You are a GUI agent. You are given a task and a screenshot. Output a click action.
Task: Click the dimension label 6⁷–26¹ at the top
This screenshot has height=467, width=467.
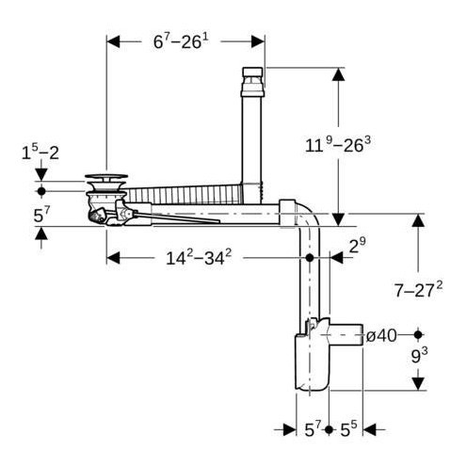(181, 41)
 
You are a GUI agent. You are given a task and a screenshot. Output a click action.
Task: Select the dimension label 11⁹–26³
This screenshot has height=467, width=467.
(338, 145)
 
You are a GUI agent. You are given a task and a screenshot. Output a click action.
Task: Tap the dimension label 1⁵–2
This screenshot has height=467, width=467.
(40, 153)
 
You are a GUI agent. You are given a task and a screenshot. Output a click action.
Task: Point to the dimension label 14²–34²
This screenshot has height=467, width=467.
(199, 258)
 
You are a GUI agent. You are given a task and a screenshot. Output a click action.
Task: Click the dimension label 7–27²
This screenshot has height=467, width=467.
(418, 290)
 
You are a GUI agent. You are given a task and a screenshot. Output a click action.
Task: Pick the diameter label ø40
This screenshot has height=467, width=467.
(381, 336)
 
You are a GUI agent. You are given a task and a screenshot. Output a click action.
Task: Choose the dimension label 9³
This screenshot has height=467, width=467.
(419, 356)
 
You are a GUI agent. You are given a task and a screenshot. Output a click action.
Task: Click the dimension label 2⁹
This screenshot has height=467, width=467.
(358, 245)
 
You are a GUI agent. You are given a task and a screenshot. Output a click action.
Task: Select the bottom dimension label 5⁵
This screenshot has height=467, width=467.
(348, 429)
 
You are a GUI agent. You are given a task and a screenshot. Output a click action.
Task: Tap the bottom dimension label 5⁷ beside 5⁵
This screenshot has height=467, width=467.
(313, 429)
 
